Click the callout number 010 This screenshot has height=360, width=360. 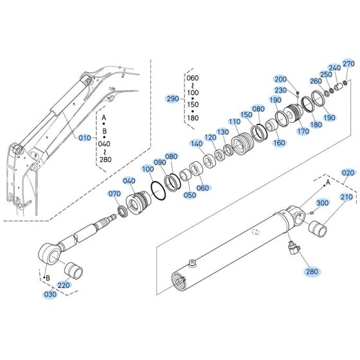click(85, 138)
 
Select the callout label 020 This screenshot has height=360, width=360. click(348, 173)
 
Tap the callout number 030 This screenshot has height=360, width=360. click(50, 294)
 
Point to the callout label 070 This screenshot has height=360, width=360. click(114, 194)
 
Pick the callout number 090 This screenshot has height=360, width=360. click(159, 163)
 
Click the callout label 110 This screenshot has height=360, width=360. click(234, 122)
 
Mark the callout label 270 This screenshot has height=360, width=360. click(348, 64)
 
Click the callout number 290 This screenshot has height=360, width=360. click(172, 98)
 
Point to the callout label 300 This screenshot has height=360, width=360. click(322, 203)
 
